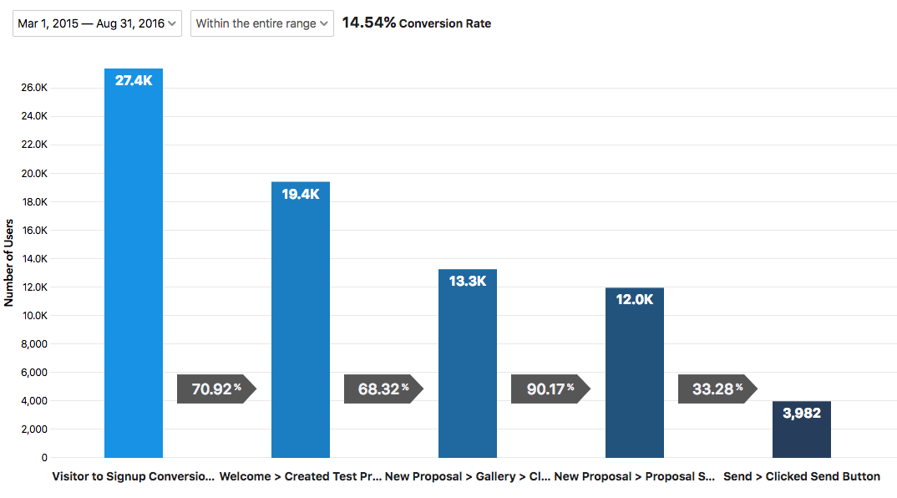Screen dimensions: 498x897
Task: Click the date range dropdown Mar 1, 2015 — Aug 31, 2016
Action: (x=97, y=23)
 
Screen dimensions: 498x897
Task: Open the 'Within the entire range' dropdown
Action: (x=261, y=23)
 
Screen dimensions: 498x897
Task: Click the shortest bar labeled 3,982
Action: (x=802, y=429)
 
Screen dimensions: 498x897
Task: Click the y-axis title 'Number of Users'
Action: (x=9, y=263)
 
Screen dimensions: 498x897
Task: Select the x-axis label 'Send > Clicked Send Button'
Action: (x=802, y=476)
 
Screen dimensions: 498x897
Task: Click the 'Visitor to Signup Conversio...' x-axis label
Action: (x=134, y=476)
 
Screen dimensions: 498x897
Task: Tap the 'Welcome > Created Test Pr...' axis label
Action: (x=301, y=476)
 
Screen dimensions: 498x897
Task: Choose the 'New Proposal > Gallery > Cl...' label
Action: (x=468, y=476)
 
